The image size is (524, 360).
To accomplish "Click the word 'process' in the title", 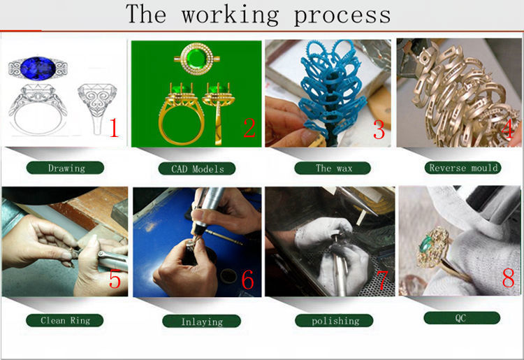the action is (x=342, y=15).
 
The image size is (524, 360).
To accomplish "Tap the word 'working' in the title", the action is (x=231, y=15).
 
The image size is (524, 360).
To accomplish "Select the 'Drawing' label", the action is (x=65, y=168).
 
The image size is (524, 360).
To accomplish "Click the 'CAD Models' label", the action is (x=197, y=168).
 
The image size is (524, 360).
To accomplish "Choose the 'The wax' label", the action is (x=333, y=168).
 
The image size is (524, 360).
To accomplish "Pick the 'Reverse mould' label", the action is (x=463, y=168).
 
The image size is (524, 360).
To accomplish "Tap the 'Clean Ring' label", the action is (x=65, y=320).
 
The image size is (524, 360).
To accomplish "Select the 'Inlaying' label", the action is (x=201, y=322).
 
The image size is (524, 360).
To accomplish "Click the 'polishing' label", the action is (x=334, y=321).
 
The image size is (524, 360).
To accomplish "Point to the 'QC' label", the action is (x=462, y=318).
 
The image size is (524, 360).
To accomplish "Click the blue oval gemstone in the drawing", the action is (x=38, y=69).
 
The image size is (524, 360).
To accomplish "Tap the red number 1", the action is (x=114, y=127).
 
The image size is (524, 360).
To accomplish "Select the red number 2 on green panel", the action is (x=249, y=128).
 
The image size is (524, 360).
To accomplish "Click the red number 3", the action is (x=379, y=129).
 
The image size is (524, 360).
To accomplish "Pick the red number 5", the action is (x=115, y=279).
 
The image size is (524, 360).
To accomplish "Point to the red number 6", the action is (x=247, y=279).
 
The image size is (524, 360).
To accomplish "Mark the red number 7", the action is (x=382, y=280).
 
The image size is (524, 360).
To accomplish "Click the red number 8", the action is (x=509, y=277).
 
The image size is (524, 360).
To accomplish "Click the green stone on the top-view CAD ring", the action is (x=196, y=59).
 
